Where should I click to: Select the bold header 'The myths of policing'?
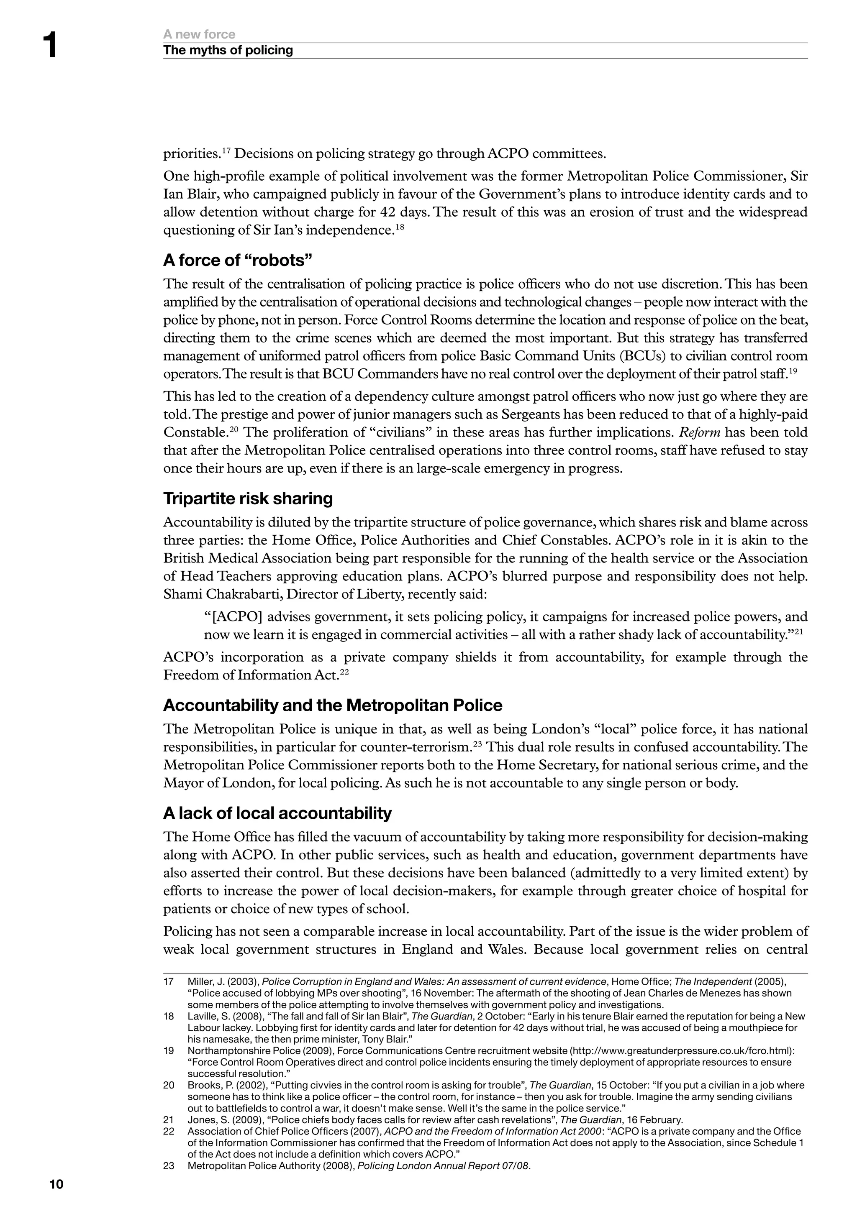point(228,50)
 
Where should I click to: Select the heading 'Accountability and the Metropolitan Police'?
point(332,705)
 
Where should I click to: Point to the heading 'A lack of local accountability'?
point(277,813)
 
